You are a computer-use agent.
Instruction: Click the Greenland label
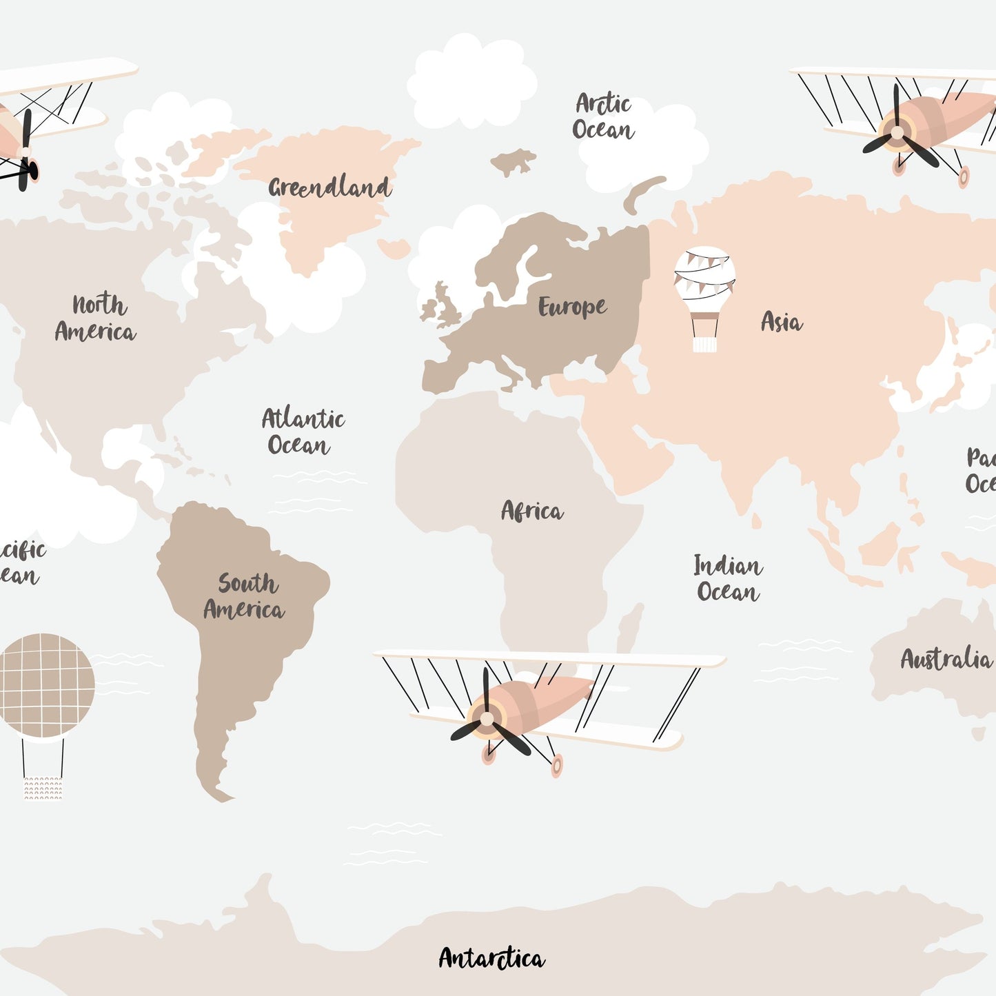click(x=329, y=187)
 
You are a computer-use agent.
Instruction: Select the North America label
click(x=96, y=318)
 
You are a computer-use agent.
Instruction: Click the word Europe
click(x=572, y=307)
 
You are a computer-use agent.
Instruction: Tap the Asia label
click(x=782, y=322)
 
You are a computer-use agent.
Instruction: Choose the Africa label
click(x=532, y=511)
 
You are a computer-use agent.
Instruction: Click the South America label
click(x=245, y=597)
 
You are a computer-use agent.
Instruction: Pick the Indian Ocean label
click(x=728, y=579)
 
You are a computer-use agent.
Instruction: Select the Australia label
click(x=946, y=659)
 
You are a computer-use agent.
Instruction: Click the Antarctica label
click(x=491, y=958)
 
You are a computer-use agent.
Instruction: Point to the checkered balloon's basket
click(x=43, y=788)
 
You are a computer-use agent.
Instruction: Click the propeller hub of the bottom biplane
click(x=487, y=719)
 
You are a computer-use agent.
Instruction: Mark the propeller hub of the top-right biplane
click(x=897, y=132)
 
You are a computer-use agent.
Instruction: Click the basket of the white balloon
click(x=704, y=343)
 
